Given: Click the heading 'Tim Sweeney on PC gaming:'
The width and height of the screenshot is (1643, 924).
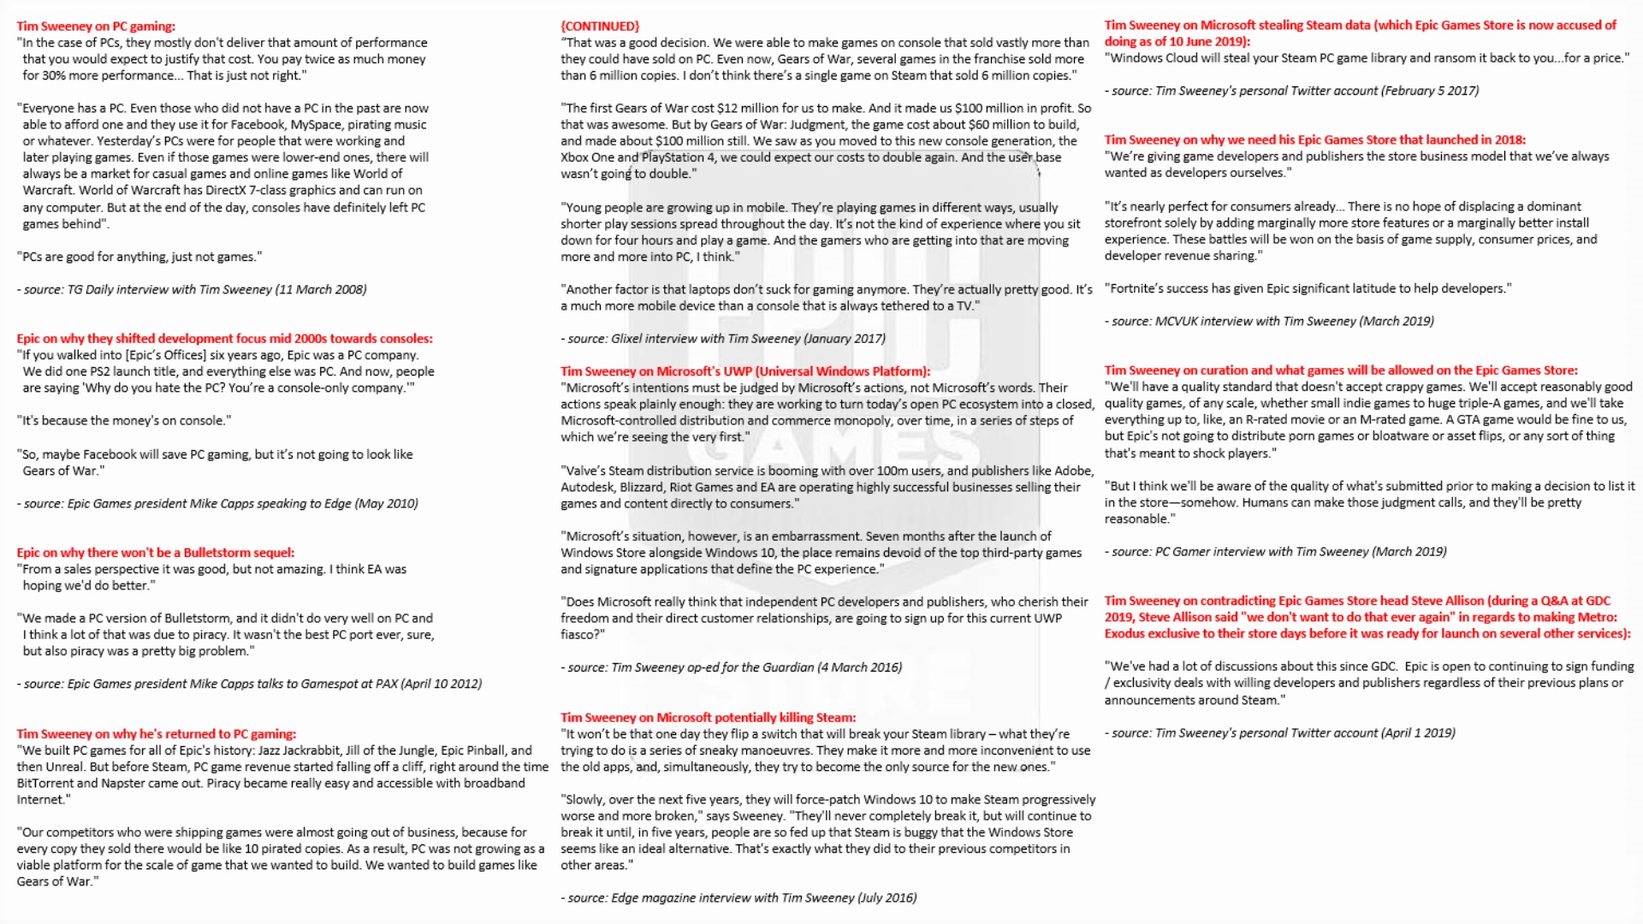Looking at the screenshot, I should (96, 27).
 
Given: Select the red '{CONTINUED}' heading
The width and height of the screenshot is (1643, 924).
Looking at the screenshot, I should (600, 27).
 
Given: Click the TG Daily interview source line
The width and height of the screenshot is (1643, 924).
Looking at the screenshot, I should (192, 290).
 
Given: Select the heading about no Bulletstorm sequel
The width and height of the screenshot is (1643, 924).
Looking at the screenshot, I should (156, 553).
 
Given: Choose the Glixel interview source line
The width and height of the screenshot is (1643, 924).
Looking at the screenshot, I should (723, 339).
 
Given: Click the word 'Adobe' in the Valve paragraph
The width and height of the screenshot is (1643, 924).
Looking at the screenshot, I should (1073, 471).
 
